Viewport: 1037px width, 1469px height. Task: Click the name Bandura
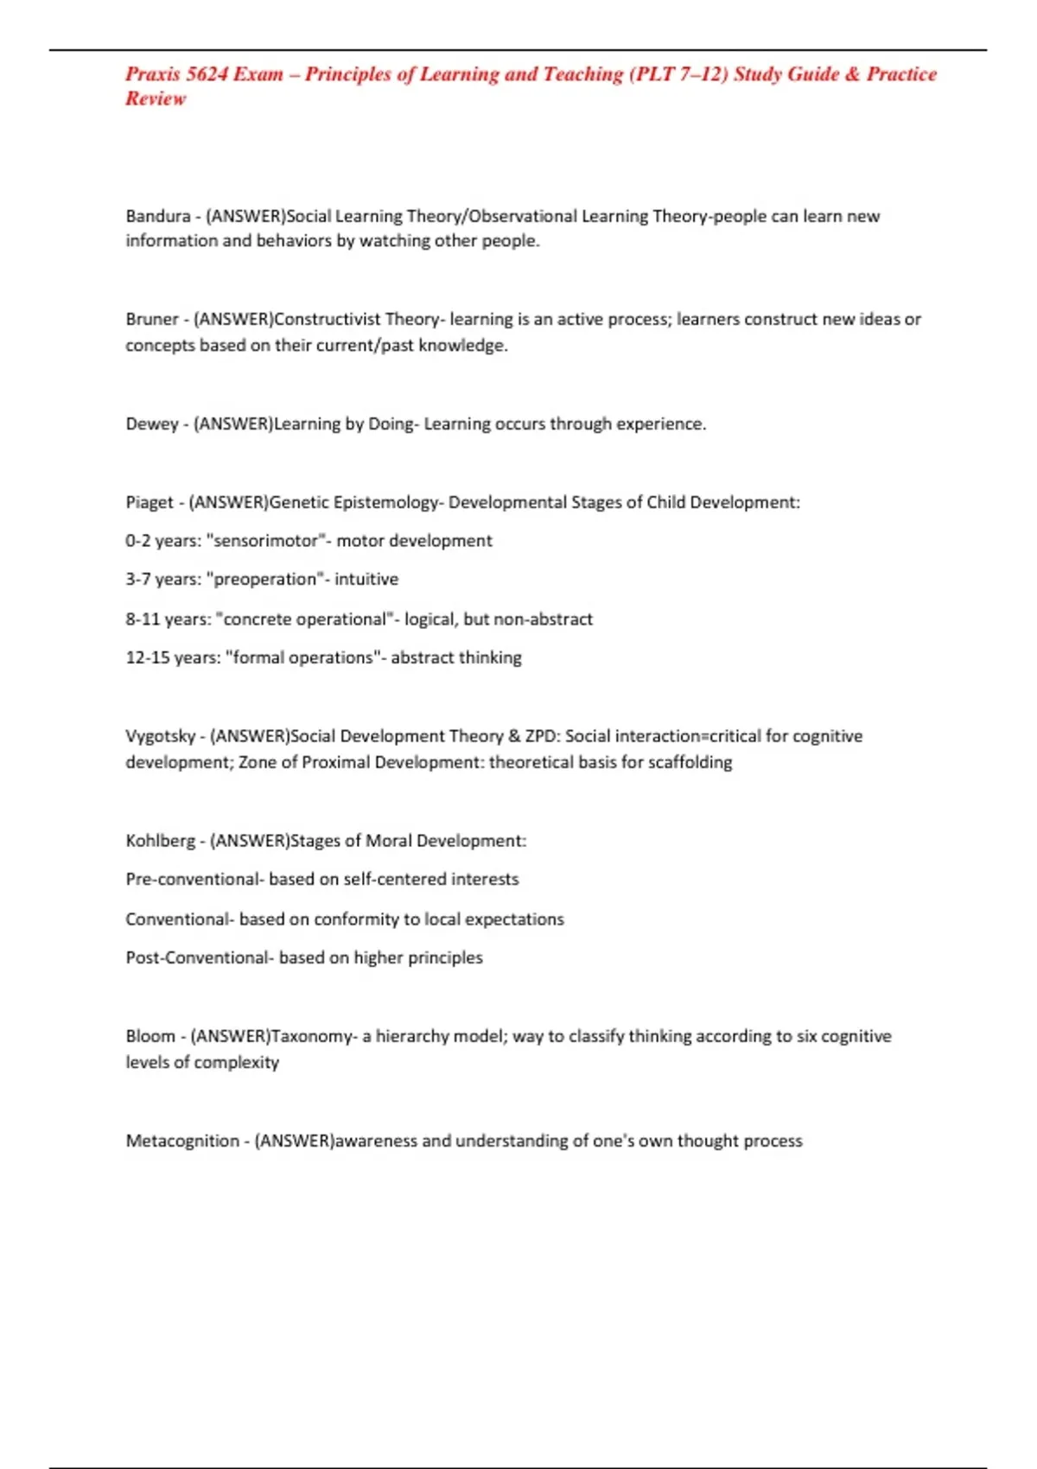pos(157,216)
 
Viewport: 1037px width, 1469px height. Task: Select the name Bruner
pos(152,319)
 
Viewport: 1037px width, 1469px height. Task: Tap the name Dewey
pos(151,423)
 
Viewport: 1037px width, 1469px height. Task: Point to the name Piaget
pos(150,502)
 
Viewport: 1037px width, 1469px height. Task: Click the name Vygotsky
pos(161,736)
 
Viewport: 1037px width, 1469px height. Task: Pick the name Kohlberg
pos(161,841)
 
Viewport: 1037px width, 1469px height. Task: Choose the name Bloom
pos(150,1036)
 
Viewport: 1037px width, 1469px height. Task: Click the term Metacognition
pos(182,1141)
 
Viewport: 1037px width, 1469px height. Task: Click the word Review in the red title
pos(156,99)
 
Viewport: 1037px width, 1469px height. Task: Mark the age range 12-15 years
pos(172,658)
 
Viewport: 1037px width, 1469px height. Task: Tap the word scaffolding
pos(688,762)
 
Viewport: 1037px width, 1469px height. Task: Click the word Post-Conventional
pos(197,957)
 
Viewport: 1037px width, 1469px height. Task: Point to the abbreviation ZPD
pos(541,736)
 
